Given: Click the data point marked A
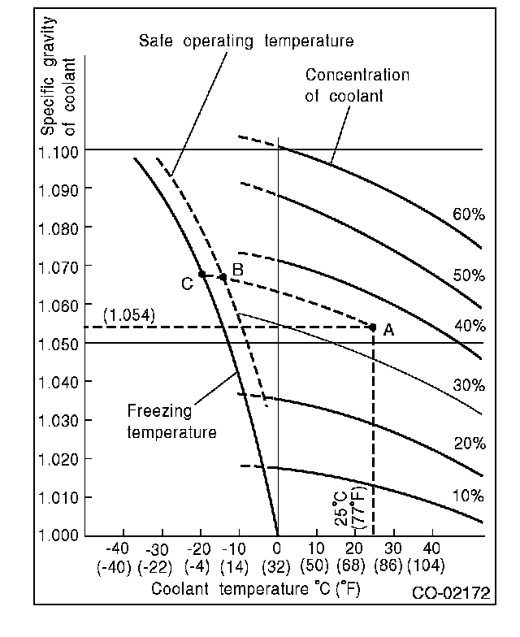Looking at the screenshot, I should pos(373,327).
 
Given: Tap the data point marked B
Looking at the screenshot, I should pos(223,277).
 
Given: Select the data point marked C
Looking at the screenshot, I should pos(201,274).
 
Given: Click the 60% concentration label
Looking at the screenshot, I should pos(469,215).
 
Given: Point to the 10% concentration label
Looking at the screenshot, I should pos(469,496).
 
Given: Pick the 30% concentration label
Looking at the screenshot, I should pos(469,384).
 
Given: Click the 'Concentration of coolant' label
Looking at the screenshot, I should pos(357,85).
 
